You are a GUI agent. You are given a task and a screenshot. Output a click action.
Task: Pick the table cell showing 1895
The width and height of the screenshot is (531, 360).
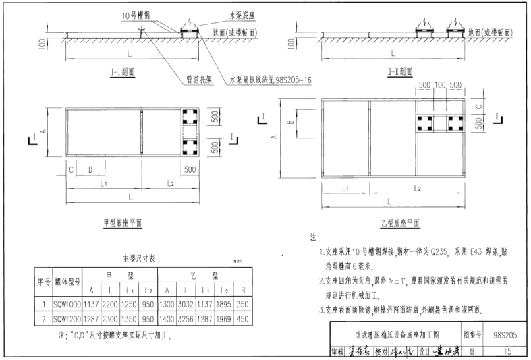(x=223, y=304)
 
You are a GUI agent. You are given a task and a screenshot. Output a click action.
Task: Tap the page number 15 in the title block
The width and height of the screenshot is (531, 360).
(x=507, y=351)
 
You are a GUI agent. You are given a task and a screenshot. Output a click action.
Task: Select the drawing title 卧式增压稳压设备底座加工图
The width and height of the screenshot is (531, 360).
(x=397, y=334)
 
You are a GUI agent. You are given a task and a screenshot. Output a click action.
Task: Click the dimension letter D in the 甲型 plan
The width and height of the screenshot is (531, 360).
(x=90, y=170)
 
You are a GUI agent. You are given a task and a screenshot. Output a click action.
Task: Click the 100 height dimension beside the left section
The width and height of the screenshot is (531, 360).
(x=43, y=44)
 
